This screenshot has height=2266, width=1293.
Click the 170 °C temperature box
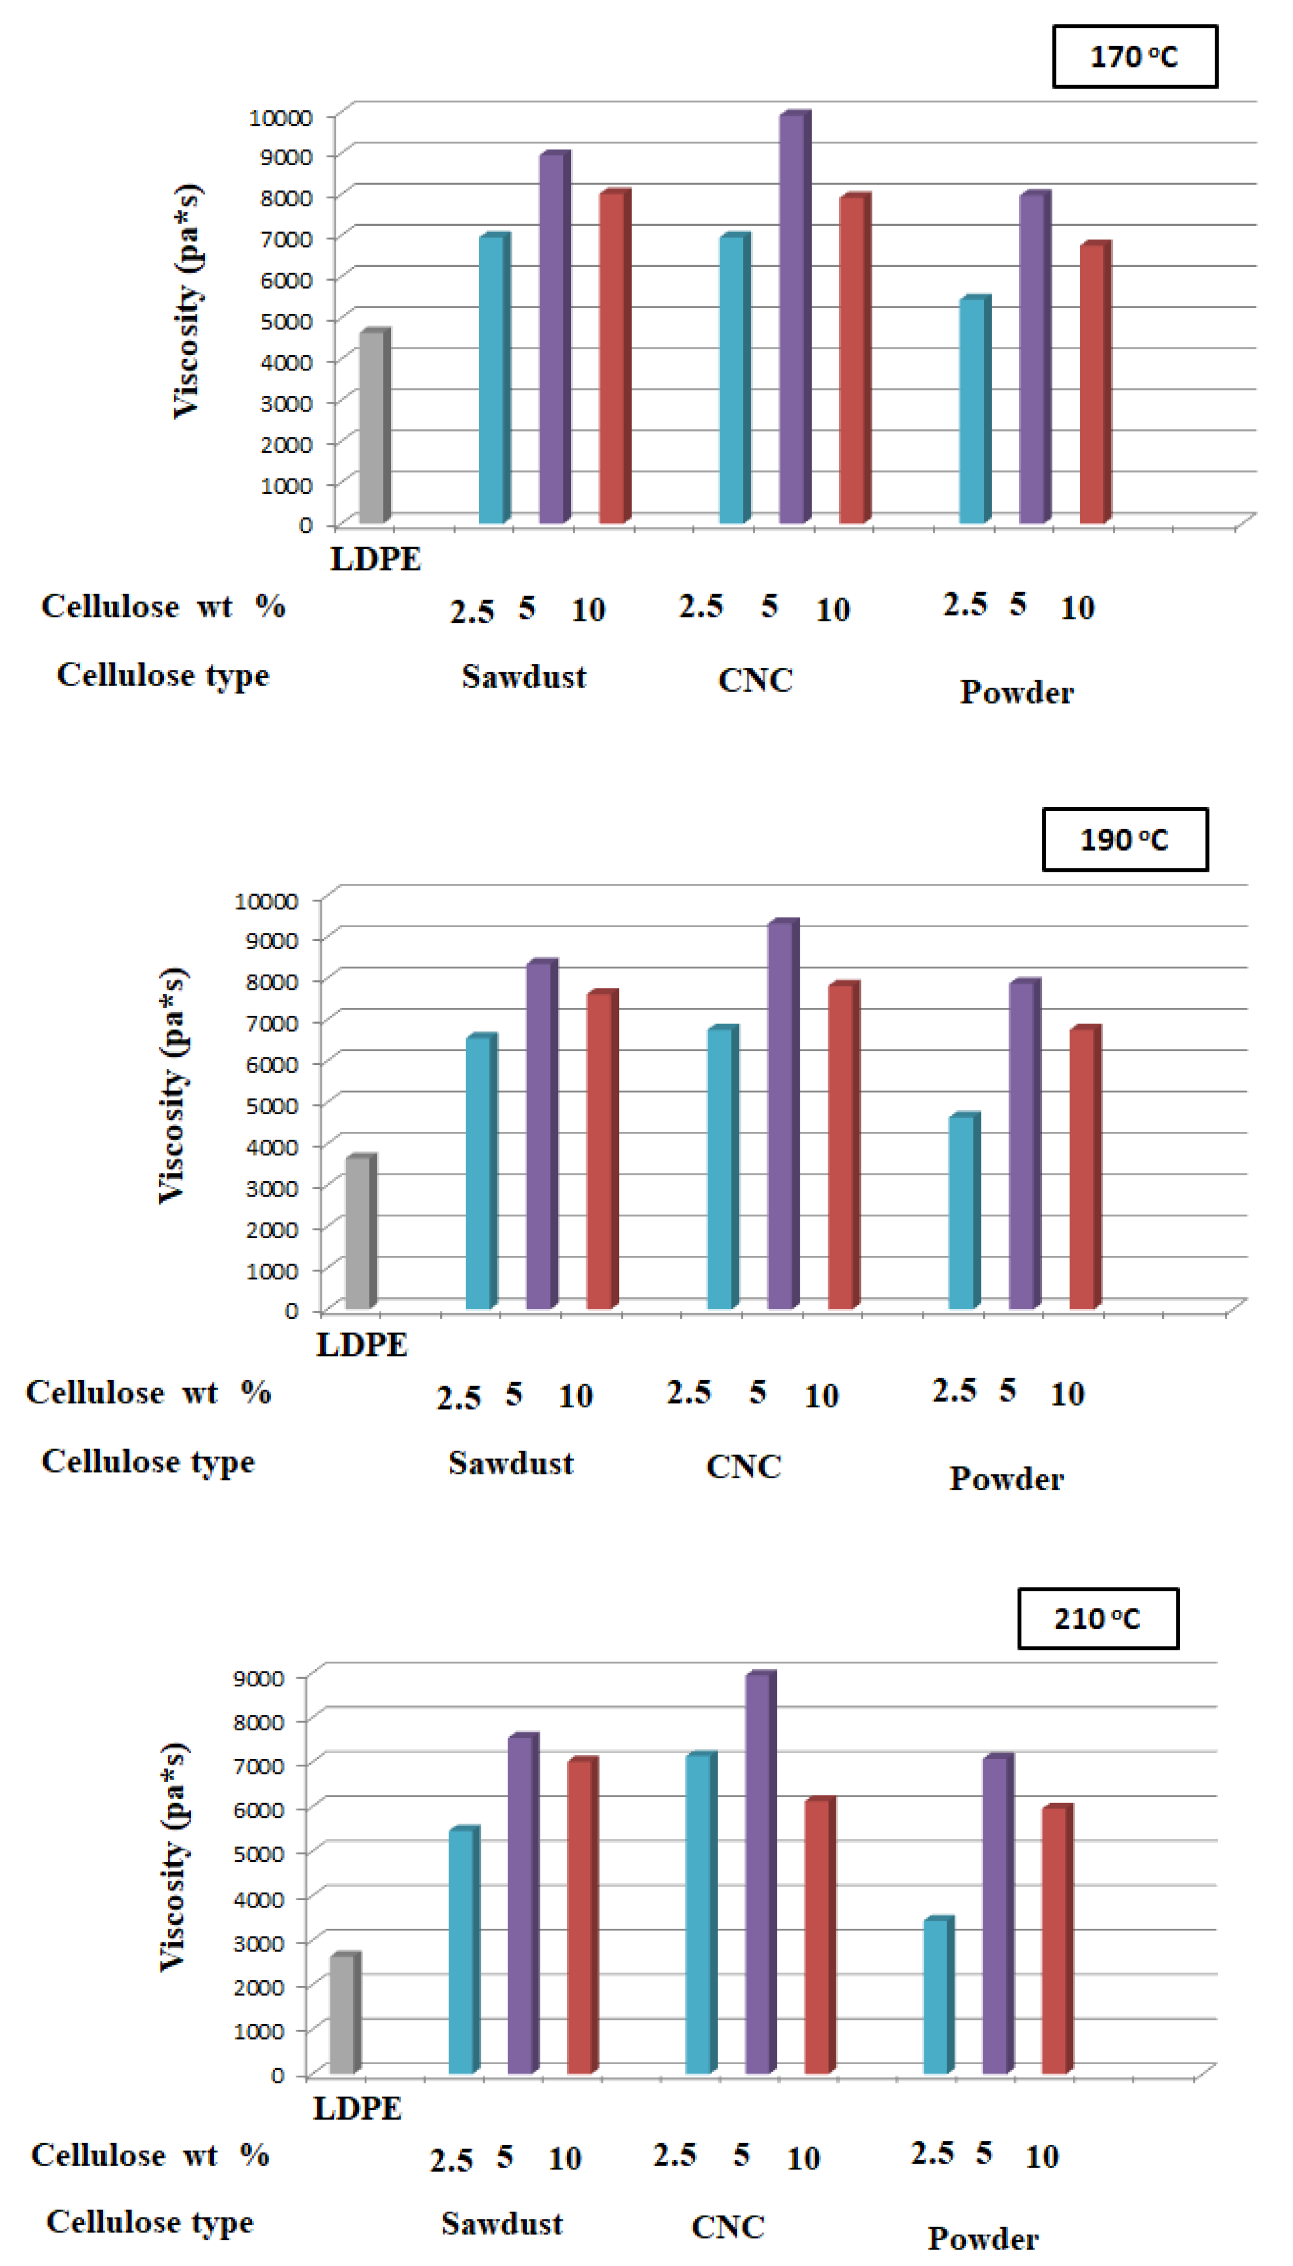(x=1134, y=57)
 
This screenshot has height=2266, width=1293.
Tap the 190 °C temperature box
(x=1124, y=839)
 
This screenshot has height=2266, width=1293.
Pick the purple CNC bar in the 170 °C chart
(x=792, y=320)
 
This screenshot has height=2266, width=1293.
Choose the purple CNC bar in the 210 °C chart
(x=759, y=1873)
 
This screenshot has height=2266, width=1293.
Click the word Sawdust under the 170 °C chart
(x=524, y=677)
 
